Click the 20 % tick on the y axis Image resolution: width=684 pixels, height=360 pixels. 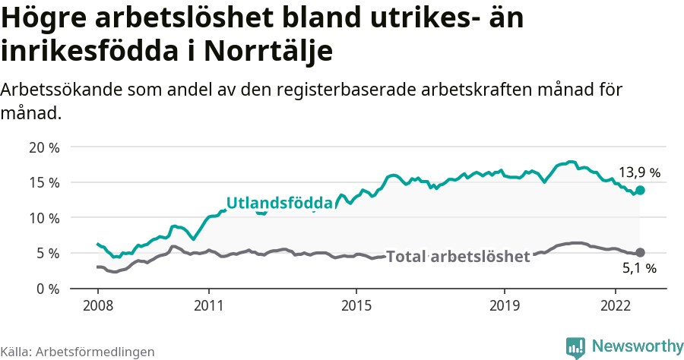coord(44,147)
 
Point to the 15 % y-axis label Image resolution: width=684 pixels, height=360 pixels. coord(44,182)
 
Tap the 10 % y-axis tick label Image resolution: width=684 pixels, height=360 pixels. coord(44,218)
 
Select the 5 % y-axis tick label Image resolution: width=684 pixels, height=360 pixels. coord(47,253)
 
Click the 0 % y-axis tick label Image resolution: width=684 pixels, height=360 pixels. coord(47,289)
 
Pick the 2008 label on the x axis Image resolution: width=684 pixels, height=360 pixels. coord(98,305)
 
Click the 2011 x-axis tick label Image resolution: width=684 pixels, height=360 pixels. coord(208,305)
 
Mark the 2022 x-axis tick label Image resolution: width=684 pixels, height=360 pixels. coord(614,305)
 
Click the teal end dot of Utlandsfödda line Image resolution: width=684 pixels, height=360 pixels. coord(641,190)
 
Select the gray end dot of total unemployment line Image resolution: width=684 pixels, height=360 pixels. coord(641,252)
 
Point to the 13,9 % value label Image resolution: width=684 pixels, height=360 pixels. coord(639,172)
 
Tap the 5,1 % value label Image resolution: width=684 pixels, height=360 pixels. coord(639,268)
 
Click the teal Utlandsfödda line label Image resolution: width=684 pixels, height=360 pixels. coord(280,204)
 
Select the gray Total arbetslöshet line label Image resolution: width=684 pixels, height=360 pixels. coord(458,257)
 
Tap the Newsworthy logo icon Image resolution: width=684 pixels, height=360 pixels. coord(575,346)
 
